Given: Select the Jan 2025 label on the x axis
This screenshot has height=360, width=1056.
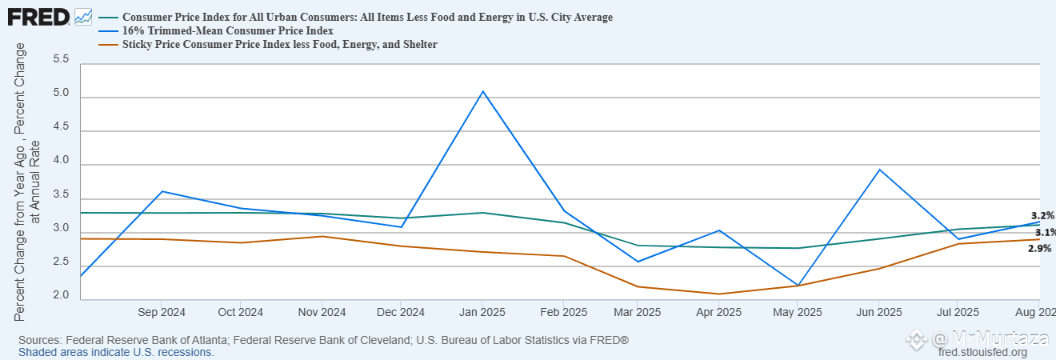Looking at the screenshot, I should (482, 312).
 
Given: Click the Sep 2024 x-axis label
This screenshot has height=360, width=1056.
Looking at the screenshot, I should (162, 312).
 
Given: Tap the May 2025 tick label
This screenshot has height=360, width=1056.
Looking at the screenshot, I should (798, 312).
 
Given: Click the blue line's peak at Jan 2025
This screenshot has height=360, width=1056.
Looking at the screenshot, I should (482, 91).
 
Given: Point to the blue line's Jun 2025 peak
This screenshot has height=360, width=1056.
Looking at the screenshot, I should (880, 170).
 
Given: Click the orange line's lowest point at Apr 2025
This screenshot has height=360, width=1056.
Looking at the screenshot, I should (720, 294).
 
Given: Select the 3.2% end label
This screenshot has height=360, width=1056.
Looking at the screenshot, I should (1042, 216).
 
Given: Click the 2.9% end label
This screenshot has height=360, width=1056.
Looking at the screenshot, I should (1039, 249).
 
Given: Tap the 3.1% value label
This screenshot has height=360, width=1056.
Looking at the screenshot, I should (1045, 232).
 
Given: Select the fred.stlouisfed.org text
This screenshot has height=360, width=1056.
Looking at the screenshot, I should (982, 353).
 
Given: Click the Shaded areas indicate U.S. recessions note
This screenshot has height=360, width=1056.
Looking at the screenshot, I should (116, 352).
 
